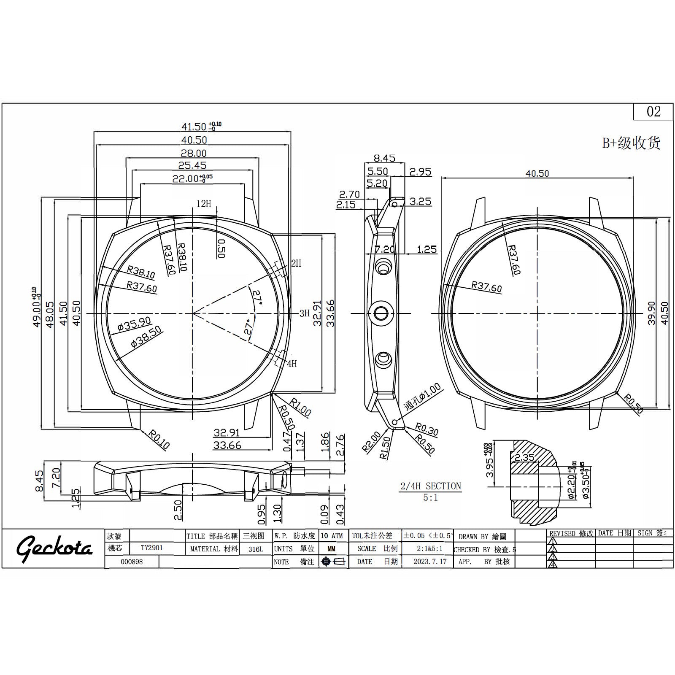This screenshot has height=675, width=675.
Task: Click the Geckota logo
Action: [54, 548]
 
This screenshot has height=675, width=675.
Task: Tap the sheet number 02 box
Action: [653, 112]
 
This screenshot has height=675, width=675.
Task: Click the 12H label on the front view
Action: [203, 204]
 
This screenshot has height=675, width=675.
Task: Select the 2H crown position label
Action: [296, 263]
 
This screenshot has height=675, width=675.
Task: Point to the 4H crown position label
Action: [292, 364]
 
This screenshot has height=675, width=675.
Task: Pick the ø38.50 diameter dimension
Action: [146, 337]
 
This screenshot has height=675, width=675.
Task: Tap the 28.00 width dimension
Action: [194, 153]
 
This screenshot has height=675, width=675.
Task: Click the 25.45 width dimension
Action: [192, 165]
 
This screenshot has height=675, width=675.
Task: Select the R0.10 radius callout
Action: [159, 439]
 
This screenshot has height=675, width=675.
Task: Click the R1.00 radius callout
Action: [300, 407]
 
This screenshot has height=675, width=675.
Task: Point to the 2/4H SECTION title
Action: [430, 486]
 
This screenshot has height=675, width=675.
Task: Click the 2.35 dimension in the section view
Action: [524, 457]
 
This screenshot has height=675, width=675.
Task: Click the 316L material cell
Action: [256, 549]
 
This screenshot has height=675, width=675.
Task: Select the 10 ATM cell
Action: [332, 536]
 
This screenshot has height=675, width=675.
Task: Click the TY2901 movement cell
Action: [152, 548]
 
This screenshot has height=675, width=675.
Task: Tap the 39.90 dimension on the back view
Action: [651, 313]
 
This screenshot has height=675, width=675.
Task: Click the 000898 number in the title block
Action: [132, 562]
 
